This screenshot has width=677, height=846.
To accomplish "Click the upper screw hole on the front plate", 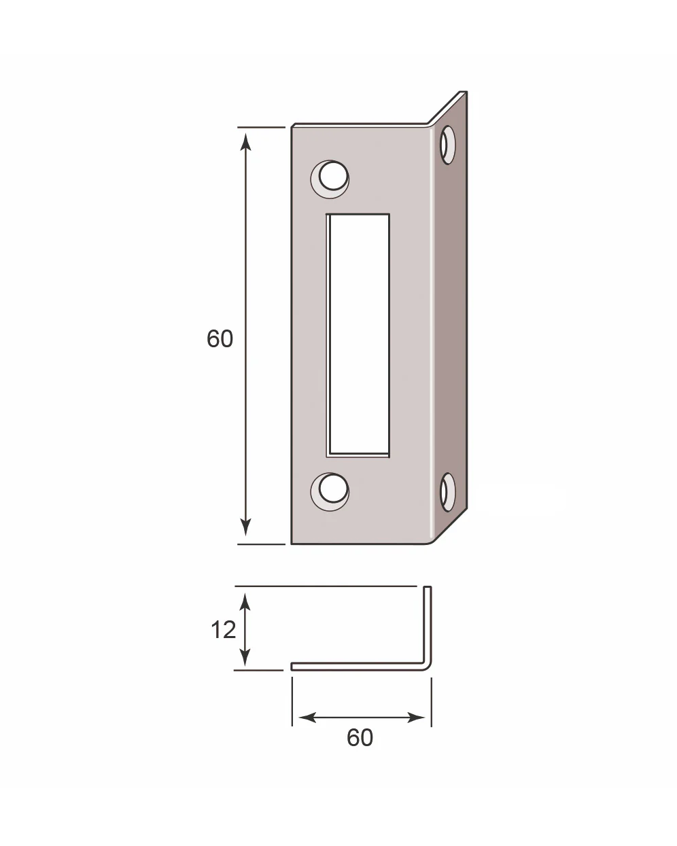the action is click(x=330, y=179).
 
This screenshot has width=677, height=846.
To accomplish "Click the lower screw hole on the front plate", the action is click(x=330, y=491).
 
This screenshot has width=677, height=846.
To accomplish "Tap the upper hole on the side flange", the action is click(x=447, y=145).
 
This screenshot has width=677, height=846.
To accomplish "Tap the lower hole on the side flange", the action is click(x=447, y=492).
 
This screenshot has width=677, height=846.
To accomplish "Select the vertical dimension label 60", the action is click(x=220, y=338).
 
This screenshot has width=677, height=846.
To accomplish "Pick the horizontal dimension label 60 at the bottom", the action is click(x=360, y=738).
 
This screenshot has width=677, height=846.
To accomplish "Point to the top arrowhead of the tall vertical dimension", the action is click(x=246, y=141).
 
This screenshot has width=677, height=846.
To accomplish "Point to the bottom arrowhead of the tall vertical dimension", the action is click(x=246, y=527).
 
